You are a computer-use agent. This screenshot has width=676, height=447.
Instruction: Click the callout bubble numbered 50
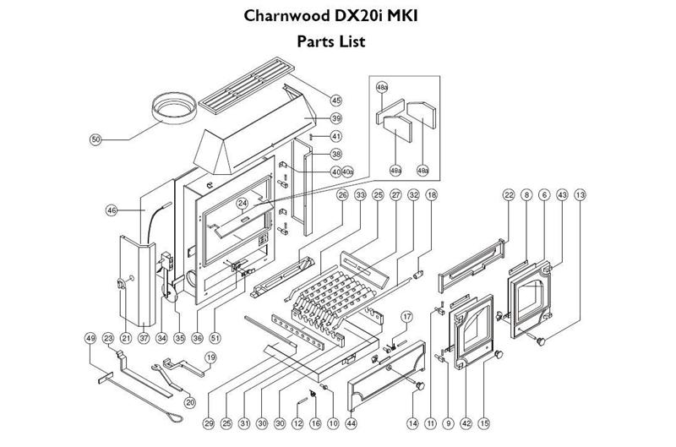[95, 139]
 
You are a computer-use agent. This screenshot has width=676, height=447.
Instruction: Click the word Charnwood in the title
[286, 16]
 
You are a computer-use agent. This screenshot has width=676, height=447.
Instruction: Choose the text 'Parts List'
[330, 41]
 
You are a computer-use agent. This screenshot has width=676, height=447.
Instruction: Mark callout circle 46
[112, 210]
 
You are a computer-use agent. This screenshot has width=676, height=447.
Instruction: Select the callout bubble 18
[432, 195]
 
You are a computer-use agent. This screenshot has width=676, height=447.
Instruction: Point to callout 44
[352, 422]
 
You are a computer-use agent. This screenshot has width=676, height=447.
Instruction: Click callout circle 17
[406, 317]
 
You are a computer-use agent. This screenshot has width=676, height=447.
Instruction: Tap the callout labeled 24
[242, 203]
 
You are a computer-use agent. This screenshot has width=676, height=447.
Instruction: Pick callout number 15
[484, 422]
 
